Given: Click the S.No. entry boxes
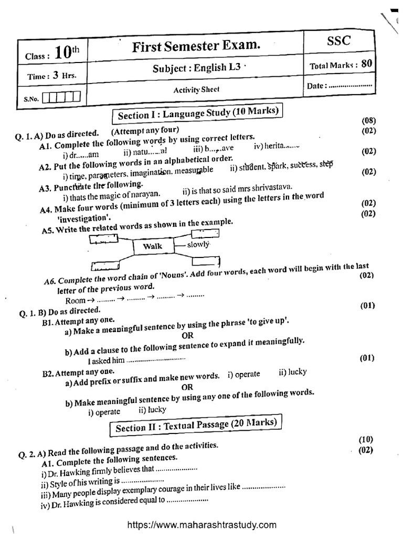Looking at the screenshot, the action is [x=61, y=97].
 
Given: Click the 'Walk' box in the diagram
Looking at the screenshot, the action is [x=152, y=246].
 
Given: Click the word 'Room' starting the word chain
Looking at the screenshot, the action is [x=75, y=301].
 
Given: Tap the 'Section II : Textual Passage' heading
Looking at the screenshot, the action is [x=196, y=425].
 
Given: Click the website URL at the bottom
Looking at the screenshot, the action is [x=201, y=524].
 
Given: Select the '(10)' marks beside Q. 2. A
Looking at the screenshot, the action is [x=366, y=439].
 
